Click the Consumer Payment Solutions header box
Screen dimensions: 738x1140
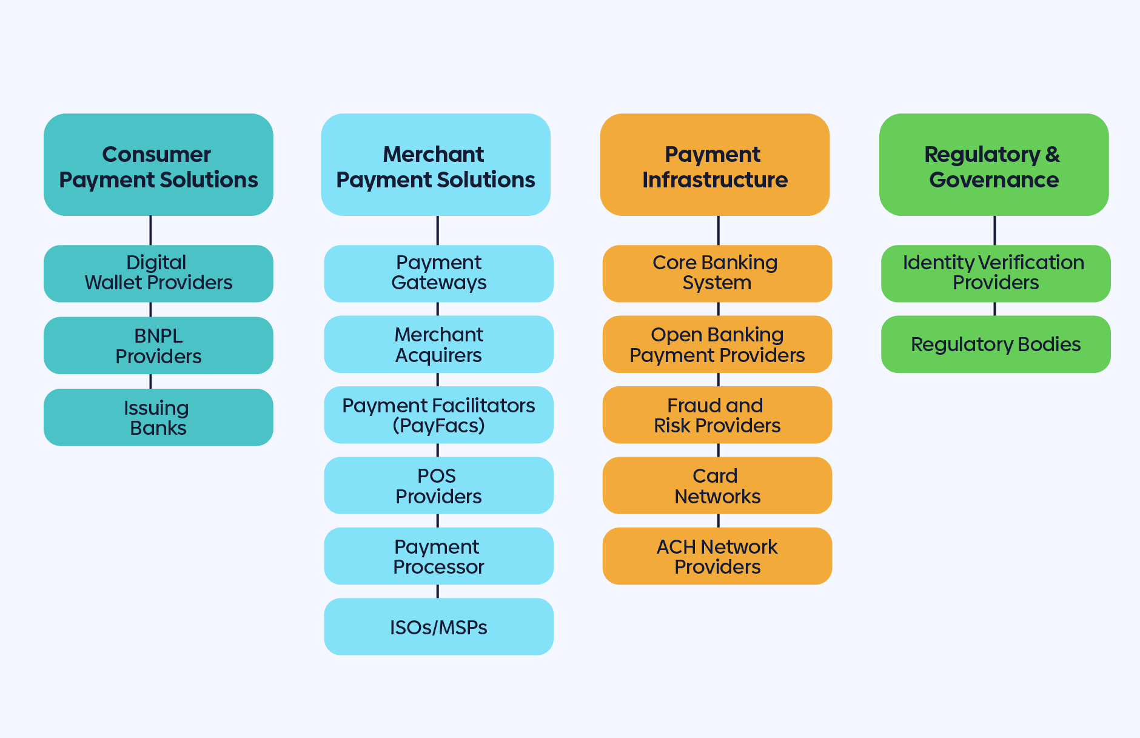(x=158, y=165)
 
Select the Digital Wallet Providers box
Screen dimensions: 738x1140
(x=158, y=273)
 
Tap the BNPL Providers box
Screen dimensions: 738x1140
(x=158, y=345)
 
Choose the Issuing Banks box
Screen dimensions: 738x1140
(x=158, y=417)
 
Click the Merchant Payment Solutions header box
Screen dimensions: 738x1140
(x=435, y=165)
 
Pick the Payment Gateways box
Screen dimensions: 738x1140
(x=438, y=273)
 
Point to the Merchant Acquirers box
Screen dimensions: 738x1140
(x=438, y=344)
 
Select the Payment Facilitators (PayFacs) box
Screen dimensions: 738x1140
(x=438, y=415)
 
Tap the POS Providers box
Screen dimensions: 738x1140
(x=438, y=485)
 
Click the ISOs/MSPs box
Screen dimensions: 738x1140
(x=438, y=626)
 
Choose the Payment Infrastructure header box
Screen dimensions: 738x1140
(x=714, y=165)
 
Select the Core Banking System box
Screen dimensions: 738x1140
(x=717, y=273)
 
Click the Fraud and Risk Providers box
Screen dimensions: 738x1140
(x=717, y=415)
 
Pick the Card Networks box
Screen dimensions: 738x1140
(x=717, y=485)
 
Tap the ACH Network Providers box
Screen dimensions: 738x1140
(x=717, y=556)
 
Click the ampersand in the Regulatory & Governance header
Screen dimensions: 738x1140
(x=1053, y=155)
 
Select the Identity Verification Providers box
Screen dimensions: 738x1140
(x=995, y=273)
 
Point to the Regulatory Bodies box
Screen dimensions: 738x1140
(x=995, y=344)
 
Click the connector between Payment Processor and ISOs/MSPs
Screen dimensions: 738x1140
(x=438, y=591)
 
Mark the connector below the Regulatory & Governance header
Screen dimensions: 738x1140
(x=994, y=230)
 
